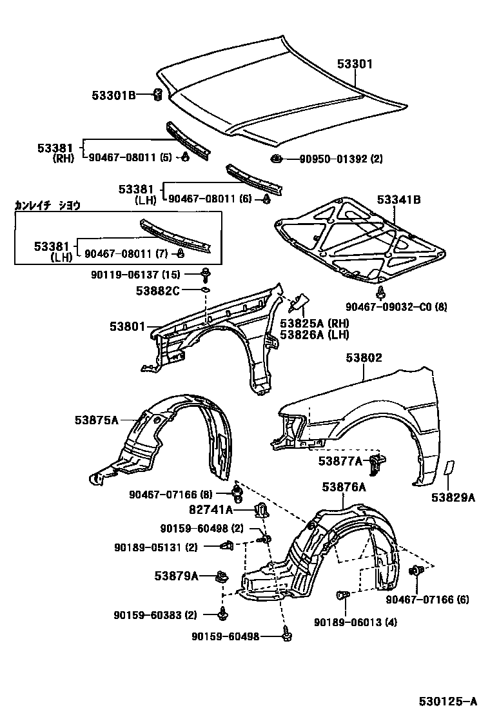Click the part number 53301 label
click(x=355, y=64)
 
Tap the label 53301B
click(x=113, y=96)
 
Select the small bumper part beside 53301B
click(x=155, y=96)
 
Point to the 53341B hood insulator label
click(x=398, y=201)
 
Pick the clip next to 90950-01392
click(x=277, y=159)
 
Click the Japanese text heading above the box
click(x=48, y=206)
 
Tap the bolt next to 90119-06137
click(x=205, y=274)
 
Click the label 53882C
click(x=157, y=291)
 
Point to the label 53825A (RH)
click(x=314, y=323)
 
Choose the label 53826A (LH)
click(x=314, y=335)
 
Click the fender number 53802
click(x=364, y=358)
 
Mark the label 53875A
click(x=96, y=420)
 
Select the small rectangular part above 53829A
click(x=449, y=469)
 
